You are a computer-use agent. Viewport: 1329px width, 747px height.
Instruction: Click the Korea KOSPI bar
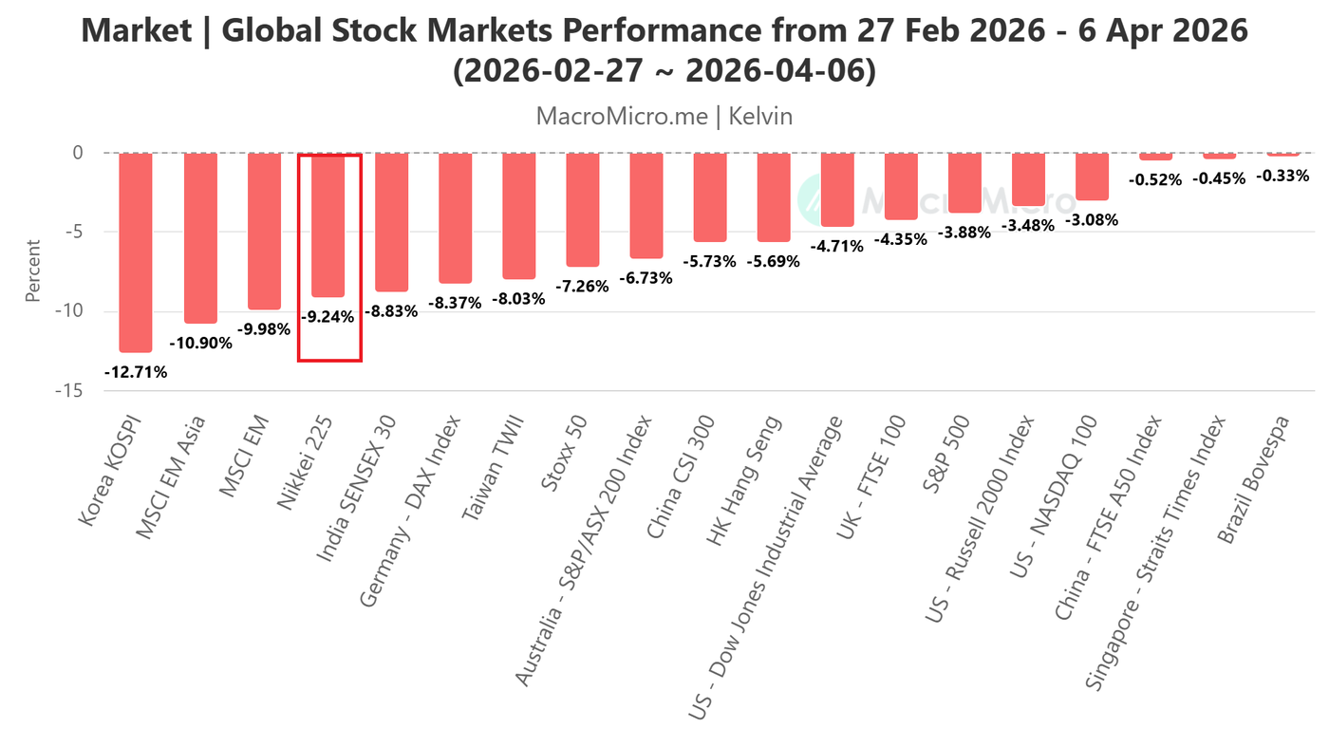tap(136, 252)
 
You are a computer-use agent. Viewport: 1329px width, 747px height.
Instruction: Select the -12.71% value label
tap(136, 372)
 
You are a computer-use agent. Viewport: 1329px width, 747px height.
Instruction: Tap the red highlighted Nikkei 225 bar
tap(328, 225)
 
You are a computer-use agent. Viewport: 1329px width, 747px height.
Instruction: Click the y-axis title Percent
tap(33, 271)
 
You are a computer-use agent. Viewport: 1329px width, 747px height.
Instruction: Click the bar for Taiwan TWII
tap(519, 215)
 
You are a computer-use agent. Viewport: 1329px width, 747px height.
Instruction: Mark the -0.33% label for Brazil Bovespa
tap(1282, 176)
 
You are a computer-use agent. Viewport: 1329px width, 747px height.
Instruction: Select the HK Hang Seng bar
tap(774, 197)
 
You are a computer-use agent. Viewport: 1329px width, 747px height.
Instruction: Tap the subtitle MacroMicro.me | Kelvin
tap(664, 116)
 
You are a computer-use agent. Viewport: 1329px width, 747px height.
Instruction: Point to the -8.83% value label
tap(391, 311)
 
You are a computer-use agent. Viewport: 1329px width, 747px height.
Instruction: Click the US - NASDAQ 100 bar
tap(1092, 177)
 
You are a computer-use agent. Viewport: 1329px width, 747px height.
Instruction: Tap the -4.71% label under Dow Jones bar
tap(837, 247)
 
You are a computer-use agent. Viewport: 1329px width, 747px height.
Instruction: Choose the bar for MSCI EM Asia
tap(200, 237)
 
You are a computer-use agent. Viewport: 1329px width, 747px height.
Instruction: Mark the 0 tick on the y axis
tap(78, 153)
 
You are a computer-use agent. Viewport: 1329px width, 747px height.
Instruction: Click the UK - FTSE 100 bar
tap(901, 186)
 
